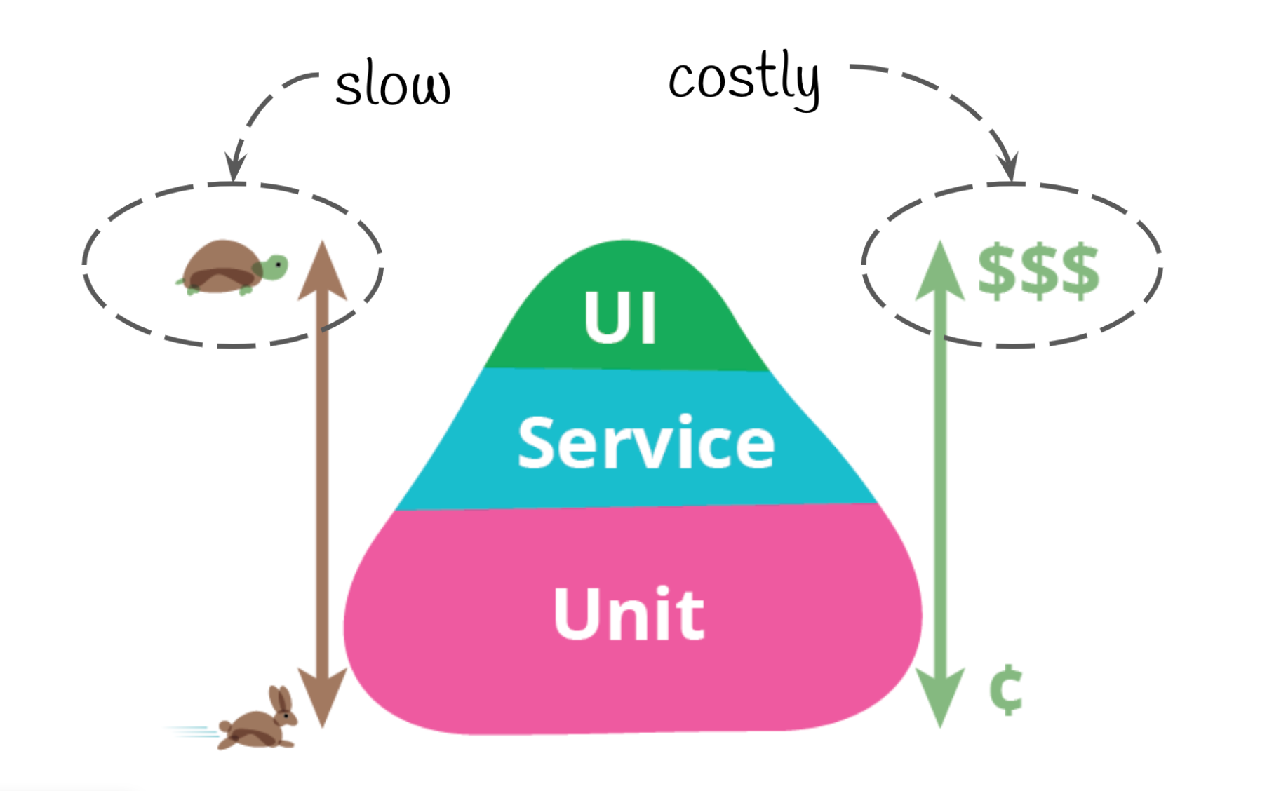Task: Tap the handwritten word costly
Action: [744, 79]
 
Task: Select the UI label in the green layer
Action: [621, 318]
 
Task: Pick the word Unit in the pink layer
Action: [629, 614]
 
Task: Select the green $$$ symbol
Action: [1038, 271]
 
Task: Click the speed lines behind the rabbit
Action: [192, 731]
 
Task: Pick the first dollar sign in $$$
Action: [996, 271]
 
